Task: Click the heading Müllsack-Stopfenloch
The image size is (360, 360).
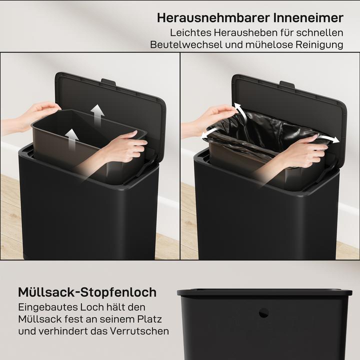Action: [87, 292]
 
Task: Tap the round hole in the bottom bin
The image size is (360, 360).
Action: [263, 313]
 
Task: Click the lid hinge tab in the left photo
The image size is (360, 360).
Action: [108, 81]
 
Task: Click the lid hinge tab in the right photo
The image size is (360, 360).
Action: [287, 84]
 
